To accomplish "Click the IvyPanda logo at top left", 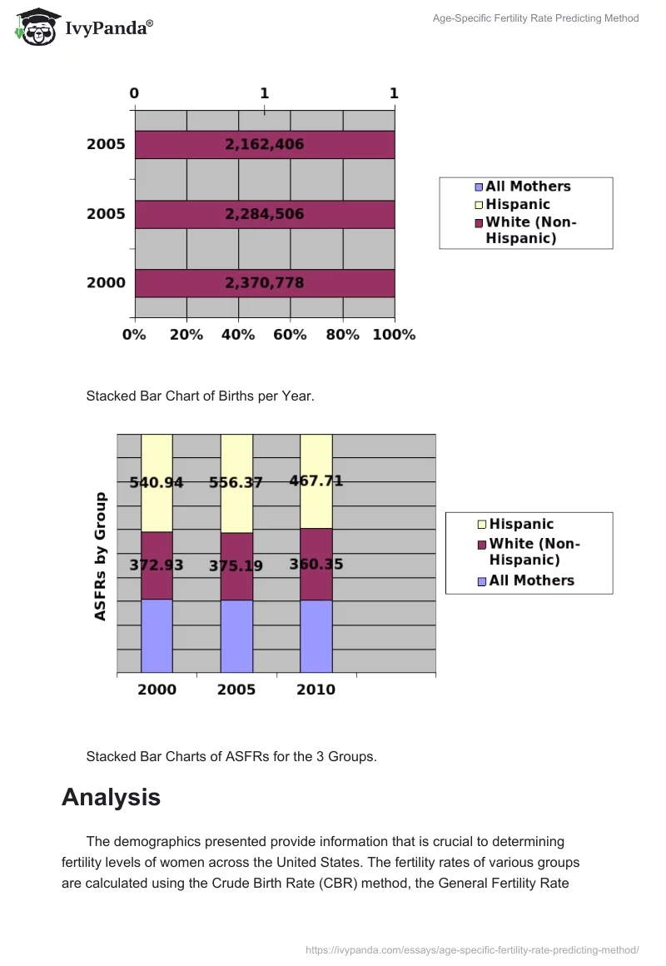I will coord(84,26).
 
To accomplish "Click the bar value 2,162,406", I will coord(264,145).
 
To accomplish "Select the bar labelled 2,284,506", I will coord(264,214).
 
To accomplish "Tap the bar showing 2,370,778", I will coord(264,283).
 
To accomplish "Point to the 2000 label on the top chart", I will coord(106,283).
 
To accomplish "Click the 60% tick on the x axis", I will coord(291,335).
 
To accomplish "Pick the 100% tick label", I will coord(395,335).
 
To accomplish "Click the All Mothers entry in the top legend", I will coord(528,187).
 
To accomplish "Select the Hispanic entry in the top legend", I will coord(517,204).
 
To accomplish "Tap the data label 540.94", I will coord(157,482).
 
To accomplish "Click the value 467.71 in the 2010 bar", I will coord(316,481).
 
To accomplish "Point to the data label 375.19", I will coord(236,566).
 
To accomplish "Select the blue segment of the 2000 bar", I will coord(157,635).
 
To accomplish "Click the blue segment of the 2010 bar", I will coord(316,635).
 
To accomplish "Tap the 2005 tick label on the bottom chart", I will coord(236,690).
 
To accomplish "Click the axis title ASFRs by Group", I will coord(101,556).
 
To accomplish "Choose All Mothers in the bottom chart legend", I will coord(531,580).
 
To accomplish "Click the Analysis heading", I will coord(111,797).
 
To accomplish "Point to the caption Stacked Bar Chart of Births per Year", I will coord(200,396).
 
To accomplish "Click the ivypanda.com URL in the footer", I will coord(472,949).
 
